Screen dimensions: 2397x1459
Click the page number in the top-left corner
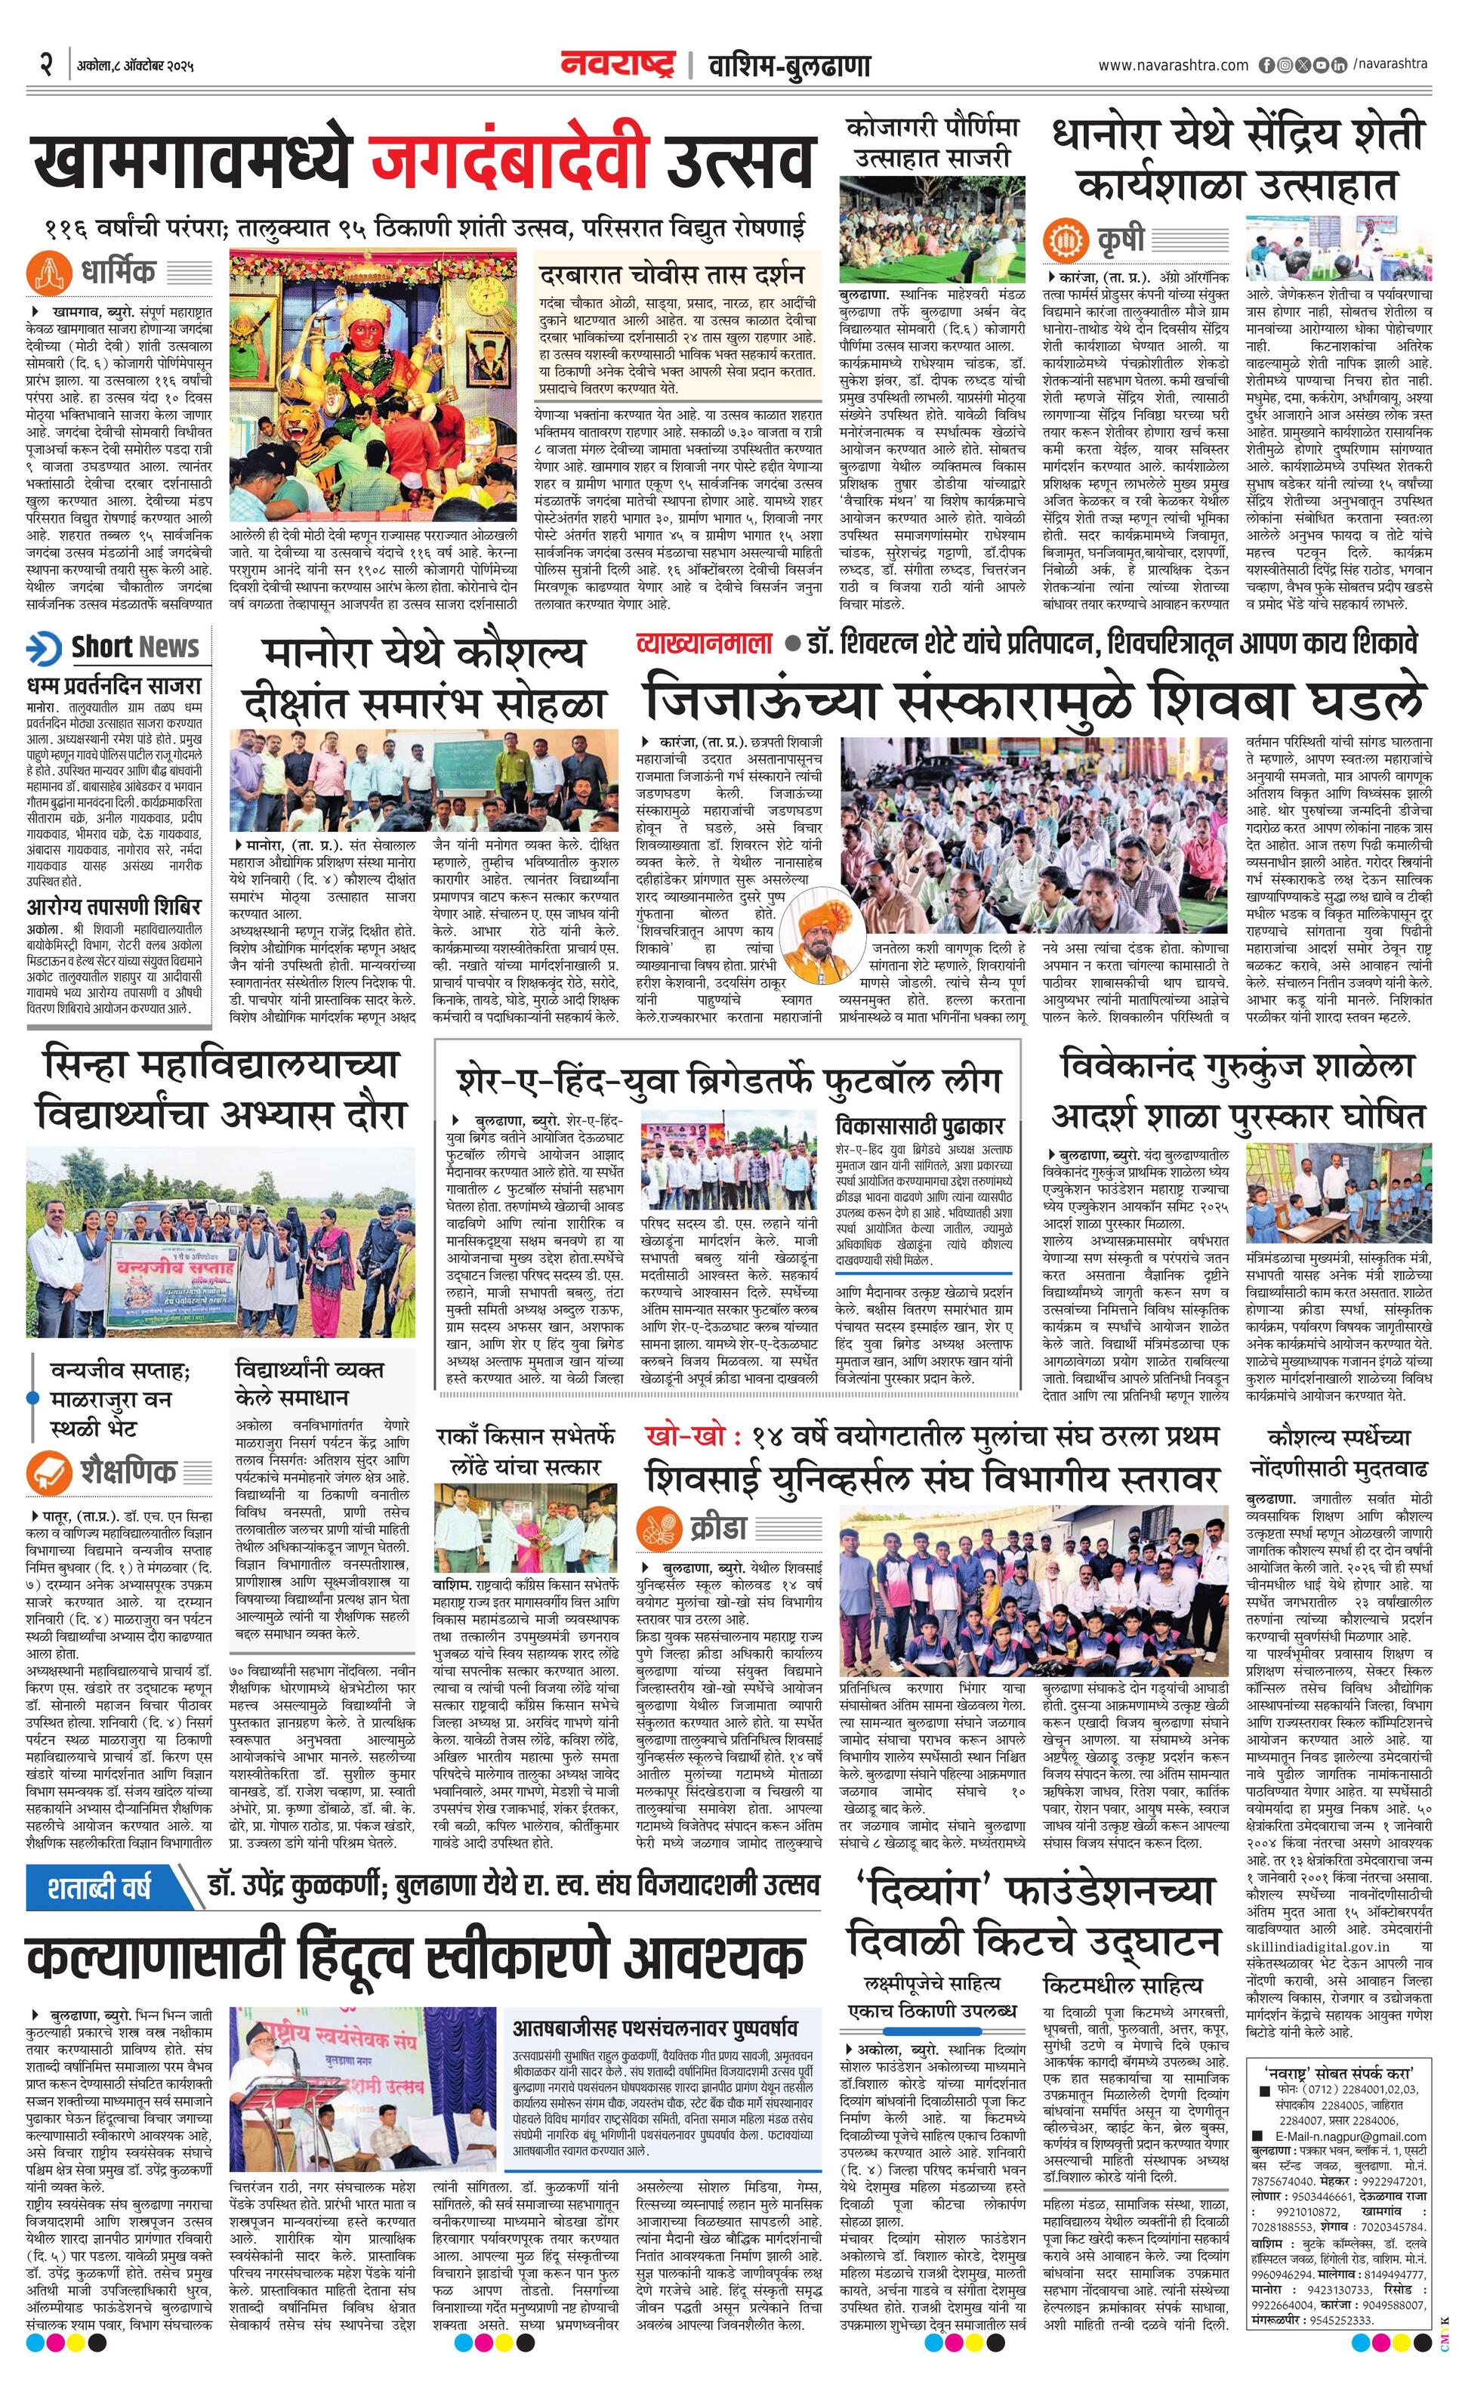coord(44,66)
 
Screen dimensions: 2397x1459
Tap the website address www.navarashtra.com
coord(1173,65)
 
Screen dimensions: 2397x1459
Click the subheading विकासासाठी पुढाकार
coord(919,1126)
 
